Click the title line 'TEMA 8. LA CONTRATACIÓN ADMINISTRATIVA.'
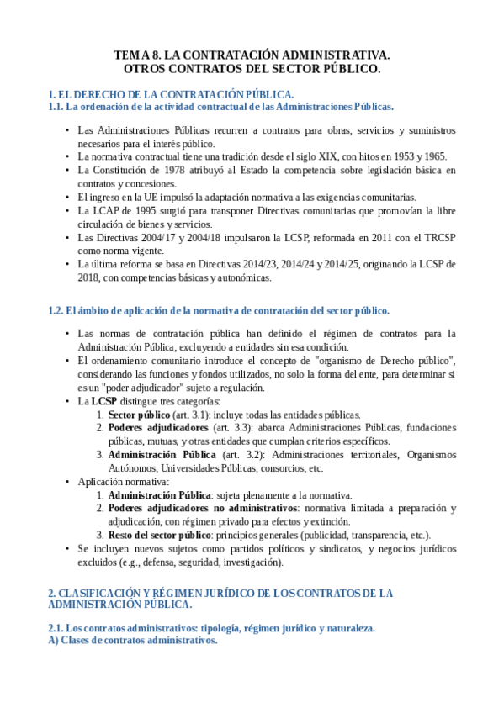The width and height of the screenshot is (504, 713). tap(252, 55)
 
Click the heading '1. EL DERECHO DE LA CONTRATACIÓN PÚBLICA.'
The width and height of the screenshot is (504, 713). tap(171, 94)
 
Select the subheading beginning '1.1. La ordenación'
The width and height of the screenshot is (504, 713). tap(220, 107)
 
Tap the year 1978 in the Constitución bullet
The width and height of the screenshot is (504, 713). tap(174, 170)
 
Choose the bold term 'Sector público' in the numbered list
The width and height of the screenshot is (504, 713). tap(138, 415)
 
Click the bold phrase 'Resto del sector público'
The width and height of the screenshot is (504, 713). tap(159, 536)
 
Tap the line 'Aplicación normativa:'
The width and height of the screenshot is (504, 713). tap(124, 482)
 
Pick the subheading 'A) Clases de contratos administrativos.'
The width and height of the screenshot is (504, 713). tap(133, 641)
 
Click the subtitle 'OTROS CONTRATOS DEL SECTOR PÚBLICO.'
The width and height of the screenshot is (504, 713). tap(252, 69)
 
